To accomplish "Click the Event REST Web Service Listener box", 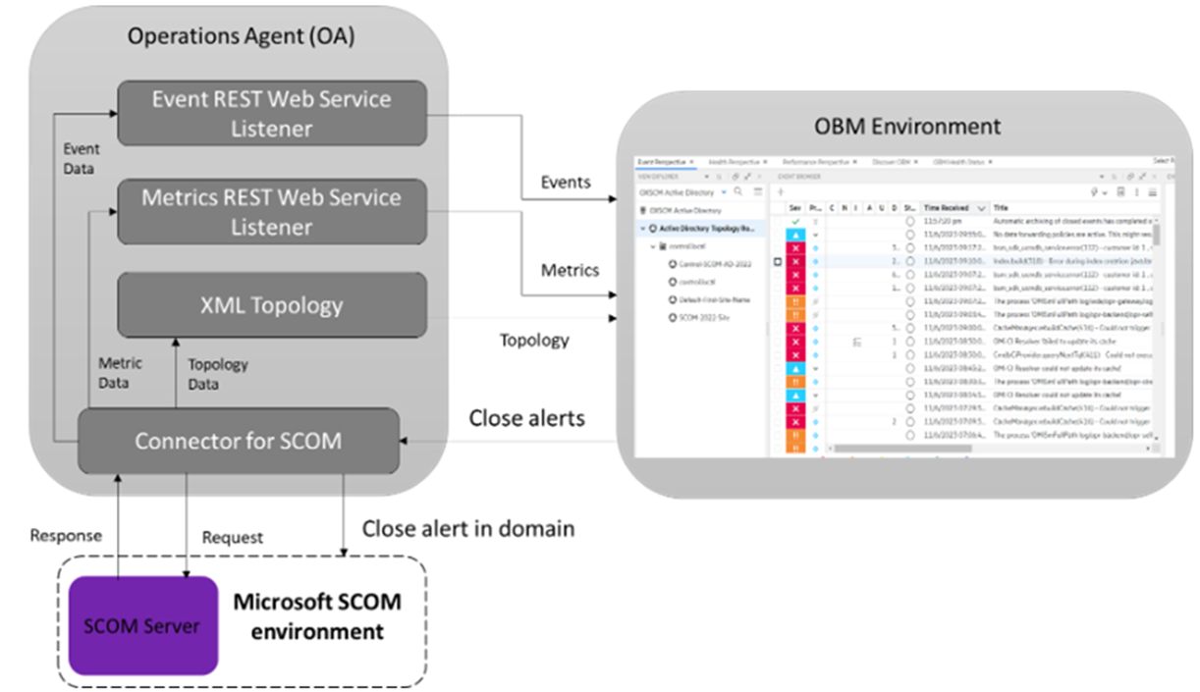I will coord(271,113).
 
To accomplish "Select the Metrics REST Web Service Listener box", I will coord(271,212).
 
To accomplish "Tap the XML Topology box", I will coord(271,304).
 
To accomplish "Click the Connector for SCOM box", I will coord(239,442).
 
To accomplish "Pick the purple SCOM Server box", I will coord(142,626).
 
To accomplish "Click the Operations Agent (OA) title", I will coord(242,37).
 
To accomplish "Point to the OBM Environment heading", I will coord(907,126).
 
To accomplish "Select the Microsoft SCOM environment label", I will coord(317,615).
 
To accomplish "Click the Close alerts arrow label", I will coord(526,418).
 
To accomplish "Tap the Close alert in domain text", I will coord(467,528).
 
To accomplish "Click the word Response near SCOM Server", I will coord(66,536).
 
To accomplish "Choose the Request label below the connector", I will coord(232,538).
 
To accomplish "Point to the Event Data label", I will coord(81,159).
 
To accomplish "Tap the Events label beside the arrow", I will coord(566,182).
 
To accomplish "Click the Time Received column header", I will coord(946,208).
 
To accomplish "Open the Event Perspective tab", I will coord(663,161).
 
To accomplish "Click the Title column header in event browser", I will coord(1001,208).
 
